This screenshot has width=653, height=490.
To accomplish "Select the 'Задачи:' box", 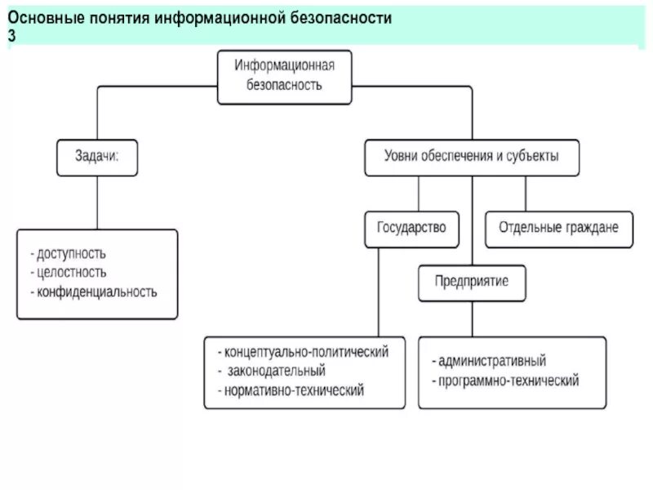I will [97, 156].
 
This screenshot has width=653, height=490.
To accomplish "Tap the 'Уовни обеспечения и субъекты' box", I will [472, 156].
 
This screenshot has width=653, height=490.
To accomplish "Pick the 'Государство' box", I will [411, 228].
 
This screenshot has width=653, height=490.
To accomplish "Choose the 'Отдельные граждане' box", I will [558, 228].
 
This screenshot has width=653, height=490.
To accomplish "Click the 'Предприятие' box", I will [472, 282].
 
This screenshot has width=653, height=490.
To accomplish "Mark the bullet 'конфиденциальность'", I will [94, 291].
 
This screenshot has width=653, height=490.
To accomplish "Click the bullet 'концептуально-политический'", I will [304, 352].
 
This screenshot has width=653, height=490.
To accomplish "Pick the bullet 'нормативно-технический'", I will [291, 390].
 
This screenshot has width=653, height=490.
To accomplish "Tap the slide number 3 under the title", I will [11, 37].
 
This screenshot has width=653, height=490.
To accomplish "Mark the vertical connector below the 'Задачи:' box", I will [97, 203].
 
